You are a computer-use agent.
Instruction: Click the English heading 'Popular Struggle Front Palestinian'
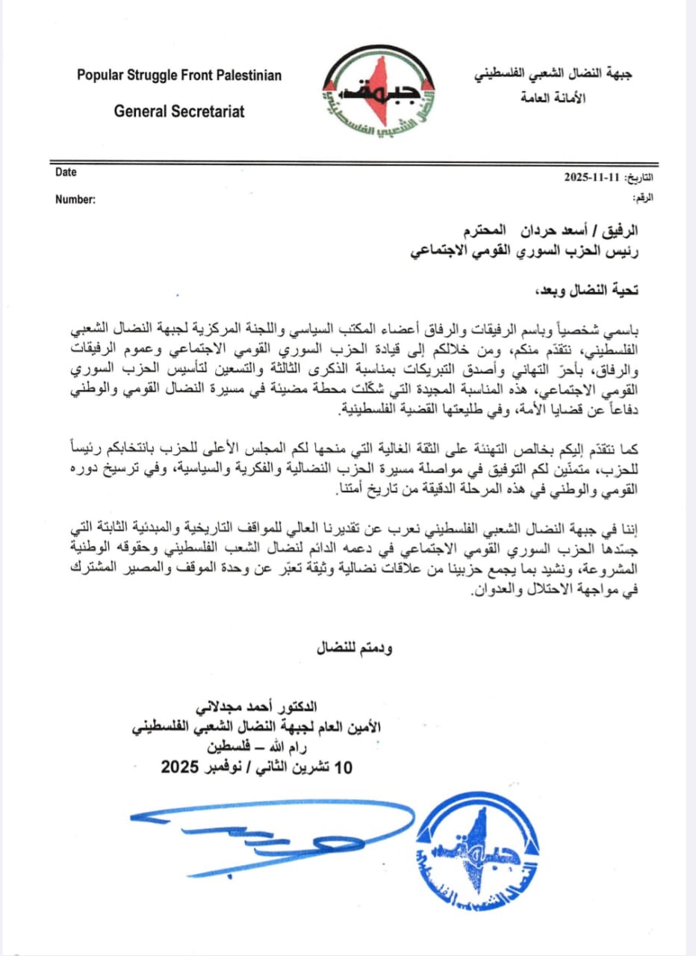click(x=179, y=75)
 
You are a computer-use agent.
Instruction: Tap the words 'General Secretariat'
click(x=179, y=111)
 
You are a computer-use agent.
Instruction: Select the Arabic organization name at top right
click(x=552, y=77)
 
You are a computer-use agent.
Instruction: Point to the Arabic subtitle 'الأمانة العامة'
click(x=552, y=98)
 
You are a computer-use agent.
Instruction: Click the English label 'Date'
click(x=66, y=173)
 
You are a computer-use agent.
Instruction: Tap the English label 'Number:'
click(x=75, y=199)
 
